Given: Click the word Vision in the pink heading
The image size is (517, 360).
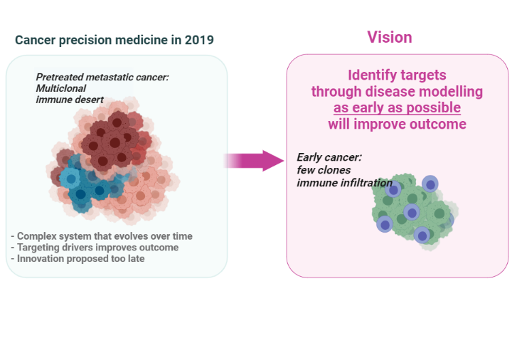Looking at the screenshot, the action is pyautogui.click(x=390, y=37).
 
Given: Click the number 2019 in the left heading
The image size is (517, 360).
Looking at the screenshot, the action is pyautogui.click(x=199, y=40).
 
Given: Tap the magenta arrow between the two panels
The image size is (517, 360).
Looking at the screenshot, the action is pyautogui.click(x=254, y=161).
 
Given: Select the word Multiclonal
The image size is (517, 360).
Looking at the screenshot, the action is pyautogui.click(x=61, y=88).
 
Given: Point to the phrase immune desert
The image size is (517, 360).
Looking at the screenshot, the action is pyautogui.click(x=70, y=100).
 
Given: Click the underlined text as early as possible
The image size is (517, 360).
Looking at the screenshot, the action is pyautogui.click(x=397, y=108).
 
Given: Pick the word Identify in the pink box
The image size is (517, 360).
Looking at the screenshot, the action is pyautogui.click(x=369, y=75).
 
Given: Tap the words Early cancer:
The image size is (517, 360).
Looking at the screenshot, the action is pyautogui.click(x=329, y=157).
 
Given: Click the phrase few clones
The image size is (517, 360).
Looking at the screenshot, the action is pyautogui.click(x=324, y=170).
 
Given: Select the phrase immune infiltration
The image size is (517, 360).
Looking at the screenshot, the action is pyautogui.click(x=345, y=182).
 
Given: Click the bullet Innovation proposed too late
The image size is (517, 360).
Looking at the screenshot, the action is pyautogui.click(x=78, y=259).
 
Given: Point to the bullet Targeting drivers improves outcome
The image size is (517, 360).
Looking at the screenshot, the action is pyautogui.click(x=95, y=248).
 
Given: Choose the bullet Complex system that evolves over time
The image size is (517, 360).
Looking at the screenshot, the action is pyautogui.click(x=102, y=236).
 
